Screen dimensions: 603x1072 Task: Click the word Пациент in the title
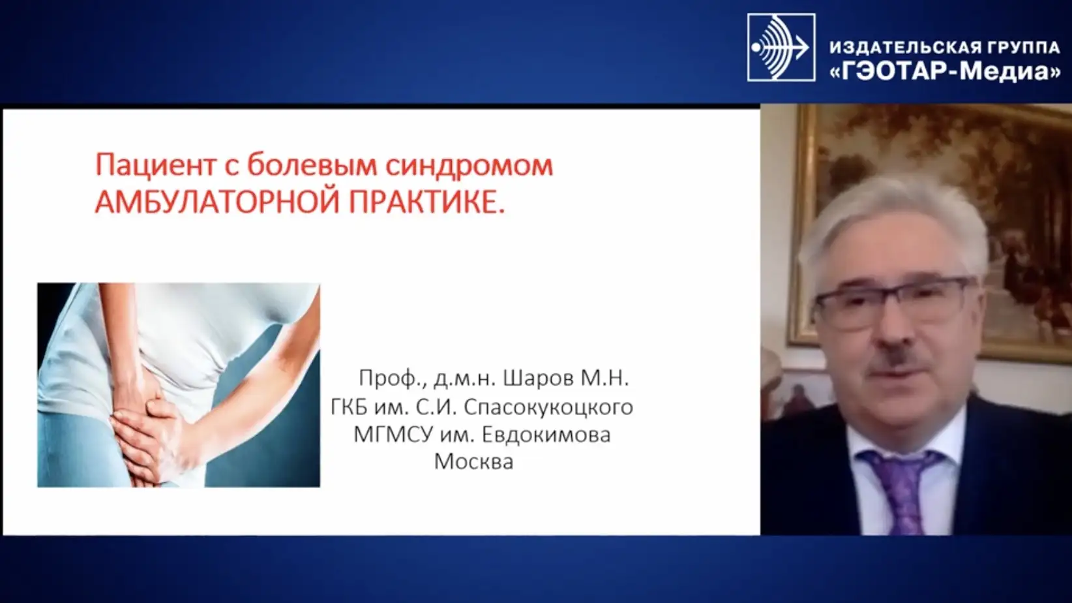point(156,166)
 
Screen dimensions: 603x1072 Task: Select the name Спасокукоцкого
point(548,407)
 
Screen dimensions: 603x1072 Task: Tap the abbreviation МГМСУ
point(393,434)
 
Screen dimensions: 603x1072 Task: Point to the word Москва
point(473,461)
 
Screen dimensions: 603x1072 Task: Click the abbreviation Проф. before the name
point(390,378)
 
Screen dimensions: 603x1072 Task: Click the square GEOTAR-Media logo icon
point(781,47)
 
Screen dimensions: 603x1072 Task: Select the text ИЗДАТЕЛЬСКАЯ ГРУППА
point(944,47)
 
